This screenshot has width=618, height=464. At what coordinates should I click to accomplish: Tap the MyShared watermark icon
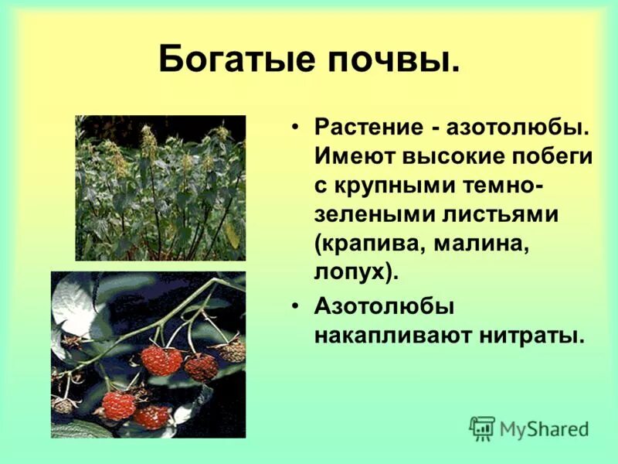point(482,428)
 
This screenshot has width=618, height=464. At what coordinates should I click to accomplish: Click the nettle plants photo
point(160,188)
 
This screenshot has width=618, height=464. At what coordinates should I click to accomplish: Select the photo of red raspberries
point(148,354)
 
